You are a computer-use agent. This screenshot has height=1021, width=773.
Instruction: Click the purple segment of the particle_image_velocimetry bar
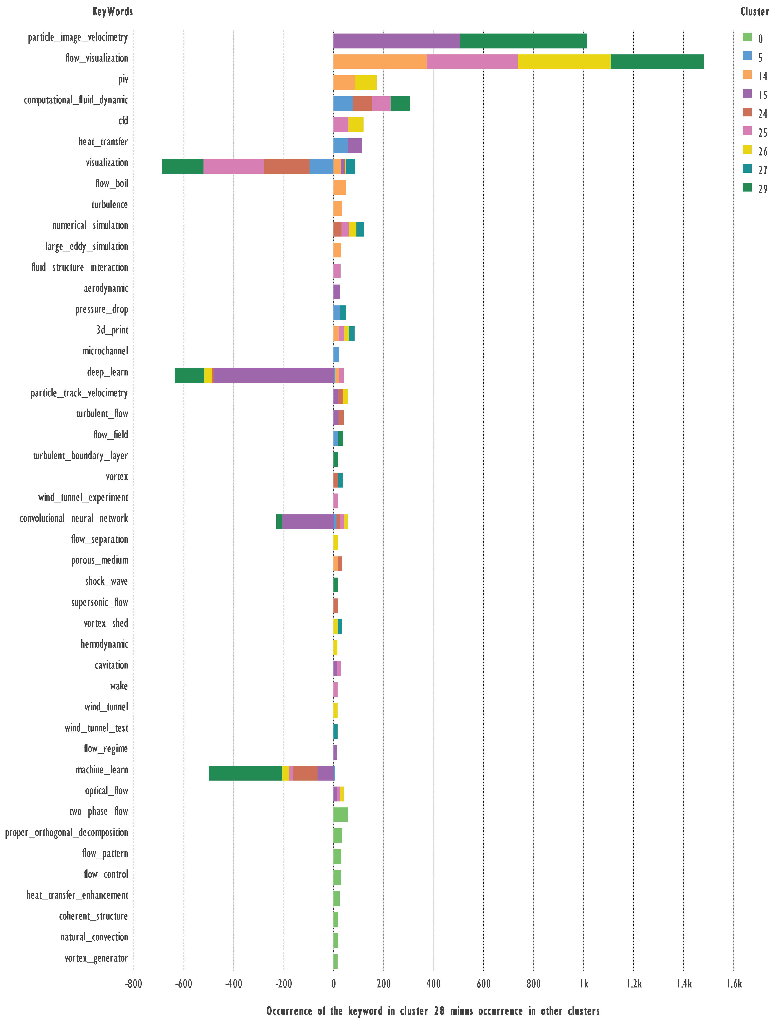click(396, 41)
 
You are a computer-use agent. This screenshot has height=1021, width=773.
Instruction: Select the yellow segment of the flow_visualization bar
click(564, 62)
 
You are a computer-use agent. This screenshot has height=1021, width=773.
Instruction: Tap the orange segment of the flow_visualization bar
click(380, 62)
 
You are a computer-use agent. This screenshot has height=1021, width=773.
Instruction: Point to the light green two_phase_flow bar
click(341, 815)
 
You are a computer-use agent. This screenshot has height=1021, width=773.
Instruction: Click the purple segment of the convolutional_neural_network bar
click(308, 522)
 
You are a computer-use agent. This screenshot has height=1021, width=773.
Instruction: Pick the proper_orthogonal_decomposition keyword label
click(66, 832)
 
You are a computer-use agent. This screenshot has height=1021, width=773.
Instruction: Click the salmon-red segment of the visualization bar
click(287, 166)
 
